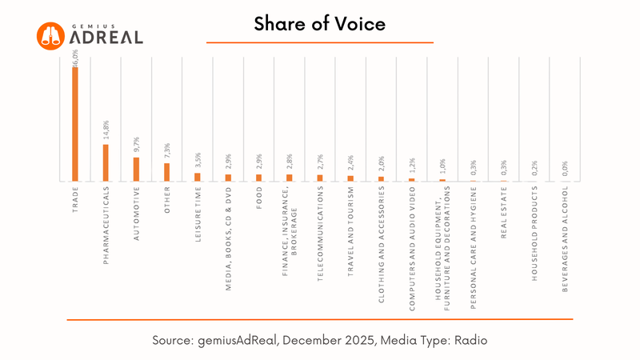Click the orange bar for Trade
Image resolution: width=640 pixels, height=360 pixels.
[x=75, y=124]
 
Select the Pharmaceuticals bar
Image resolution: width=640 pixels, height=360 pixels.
[x=106, y=162]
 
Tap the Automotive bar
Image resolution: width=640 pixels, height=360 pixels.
[x=136, y=169]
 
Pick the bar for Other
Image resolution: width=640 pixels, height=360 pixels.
[x=167, y=172]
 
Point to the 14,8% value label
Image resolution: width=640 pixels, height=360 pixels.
[x=106, y=130]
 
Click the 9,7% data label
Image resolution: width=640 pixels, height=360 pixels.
[x=136, y=144]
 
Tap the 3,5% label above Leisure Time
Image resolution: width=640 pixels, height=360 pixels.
[x=198, y=160]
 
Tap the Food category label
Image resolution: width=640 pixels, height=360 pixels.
[x=259, y=198]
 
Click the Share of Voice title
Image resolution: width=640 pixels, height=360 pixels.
[x=320, y=24]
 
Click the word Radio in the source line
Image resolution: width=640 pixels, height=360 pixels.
[x=470, y=340]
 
